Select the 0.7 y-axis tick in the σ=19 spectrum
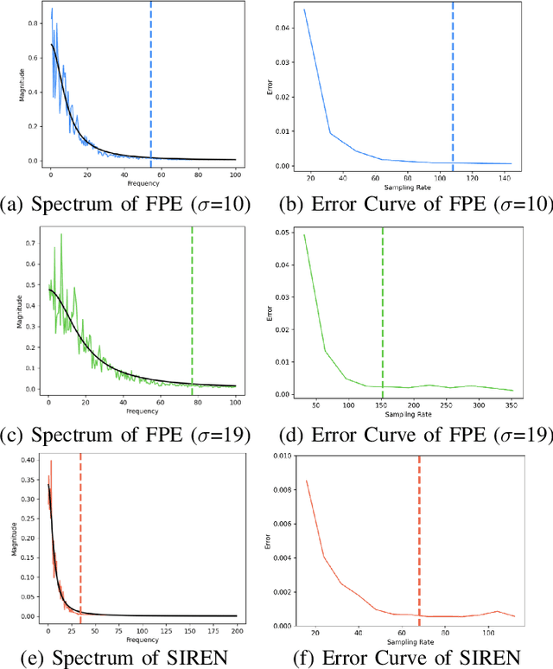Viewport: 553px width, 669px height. tap(33, 245)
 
